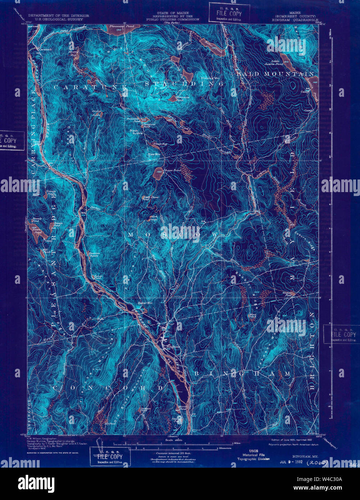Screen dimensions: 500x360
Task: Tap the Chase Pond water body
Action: tap(157, 175)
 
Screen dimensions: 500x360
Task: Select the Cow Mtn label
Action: tap(154, 154)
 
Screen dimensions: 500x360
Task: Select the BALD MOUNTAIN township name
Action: tap(275, 74)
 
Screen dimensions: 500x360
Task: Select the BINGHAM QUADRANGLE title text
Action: tap(295, 20)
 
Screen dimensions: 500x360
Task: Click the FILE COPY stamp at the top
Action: tap(226, 14)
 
